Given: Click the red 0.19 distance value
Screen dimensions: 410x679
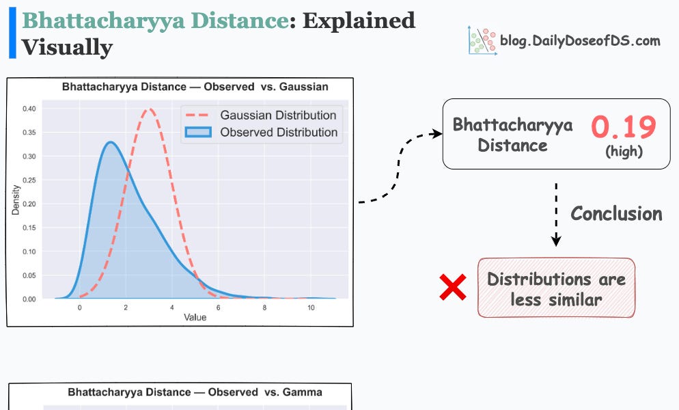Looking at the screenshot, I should (623, 128).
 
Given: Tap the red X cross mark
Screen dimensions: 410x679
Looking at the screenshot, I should (453, 288).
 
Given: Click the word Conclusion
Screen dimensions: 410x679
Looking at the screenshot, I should (616, 214).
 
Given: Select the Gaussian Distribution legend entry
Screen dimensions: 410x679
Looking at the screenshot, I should (278, 115).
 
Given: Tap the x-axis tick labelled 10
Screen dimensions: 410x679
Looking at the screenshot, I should (311, 308).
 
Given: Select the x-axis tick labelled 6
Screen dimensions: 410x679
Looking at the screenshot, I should (218, 308).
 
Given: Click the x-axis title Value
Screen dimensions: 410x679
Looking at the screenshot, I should (195, 318).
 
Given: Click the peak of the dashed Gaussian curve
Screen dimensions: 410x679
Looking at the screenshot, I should (149, 109).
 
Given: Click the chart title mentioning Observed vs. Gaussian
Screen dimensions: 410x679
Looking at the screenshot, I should (195, 87).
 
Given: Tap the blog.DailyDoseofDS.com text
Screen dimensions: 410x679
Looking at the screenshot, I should (579, 40).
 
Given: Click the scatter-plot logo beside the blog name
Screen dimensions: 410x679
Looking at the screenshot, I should (481, 40).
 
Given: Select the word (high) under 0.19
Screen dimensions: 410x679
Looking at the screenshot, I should (624, 151).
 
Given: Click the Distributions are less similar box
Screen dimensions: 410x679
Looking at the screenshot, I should (556, 288).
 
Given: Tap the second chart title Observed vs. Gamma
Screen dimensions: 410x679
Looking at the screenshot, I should (195, 392).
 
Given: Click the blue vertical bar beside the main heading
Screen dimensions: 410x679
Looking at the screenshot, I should (12, 34).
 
